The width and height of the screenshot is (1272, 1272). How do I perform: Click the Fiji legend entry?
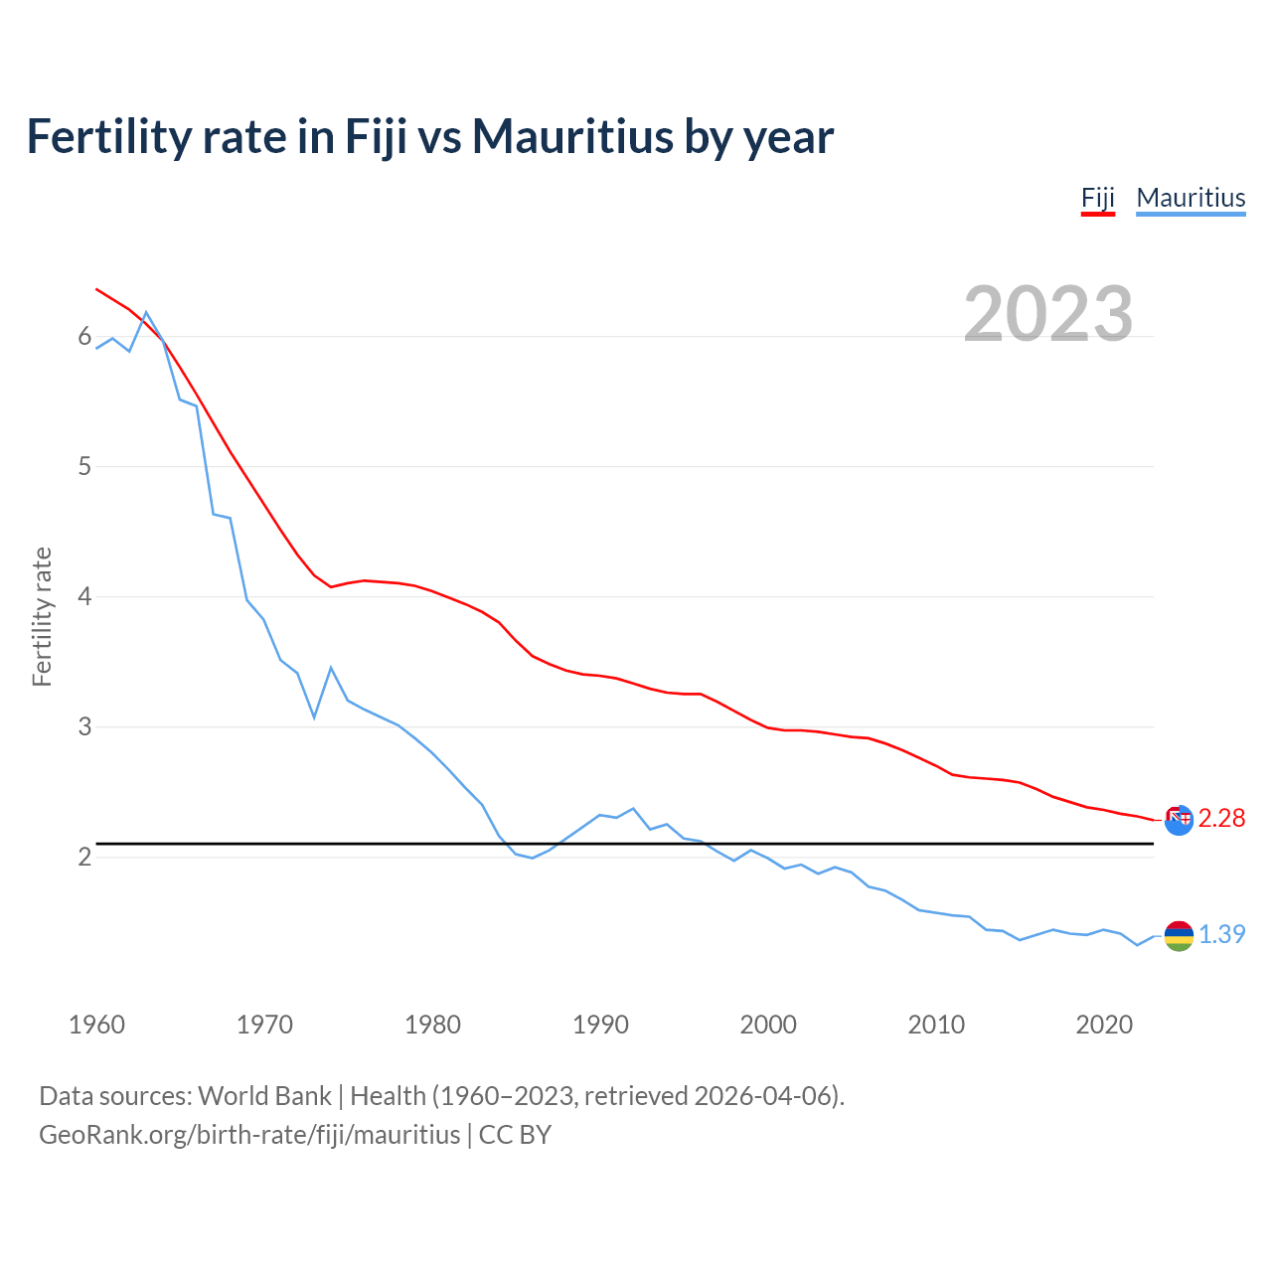[1098, 198]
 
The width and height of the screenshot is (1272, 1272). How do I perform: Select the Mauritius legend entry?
[1191, 198]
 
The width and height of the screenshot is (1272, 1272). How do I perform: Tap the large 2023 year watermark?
[1048, 314]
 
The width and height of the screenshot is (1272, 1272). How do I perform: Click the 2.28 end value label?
[1221, 818]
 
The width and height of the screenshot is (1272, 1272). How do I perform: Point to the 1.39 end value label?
[1221, 934]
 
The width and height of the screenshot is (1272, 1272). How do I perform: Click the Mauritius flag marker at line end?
[1179, 935]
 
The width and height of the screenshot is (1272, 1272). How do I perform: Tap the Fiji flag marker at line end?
[1179, 820]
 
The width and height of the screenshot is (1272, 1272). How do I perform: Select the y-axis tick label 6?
[84, 337]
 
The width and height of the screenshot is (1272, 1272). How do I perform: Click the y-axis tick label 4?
[84, 597]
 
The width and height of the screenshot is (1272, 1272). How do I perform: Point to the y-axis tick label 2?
[84, 857]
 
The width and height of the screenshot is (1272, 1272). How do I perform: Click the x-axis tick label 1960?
[96, 1025]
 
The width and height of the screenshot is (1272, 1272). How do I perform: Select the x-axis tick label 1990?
[600, 1025]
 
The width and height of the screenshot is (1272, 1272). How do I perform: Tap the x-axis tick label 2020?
[1104, 1025]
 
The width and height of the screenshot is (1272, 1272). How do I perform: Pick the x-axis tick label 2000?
[768, 1025]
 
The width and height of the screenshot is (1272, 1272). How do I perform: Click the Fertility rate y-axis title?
[42, 616]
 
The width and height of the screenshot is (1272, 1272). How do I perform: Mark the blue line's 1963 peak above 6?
[146, 312]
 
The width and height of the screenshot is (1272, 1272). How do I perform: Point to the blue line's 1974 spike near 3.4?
[331, 668]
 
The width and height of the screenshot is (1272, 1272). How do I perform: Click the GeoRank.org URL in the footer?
[249, 1134]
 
